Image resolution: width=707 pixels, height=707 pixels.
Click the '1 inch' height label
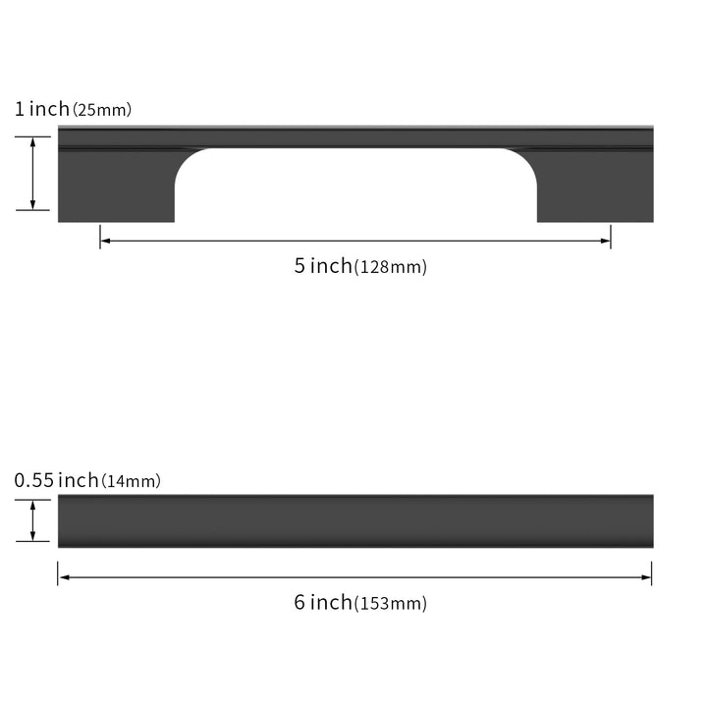(x=42, y=109)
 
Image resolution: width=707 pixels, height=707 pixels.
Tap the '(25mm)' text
(x=102, y=110)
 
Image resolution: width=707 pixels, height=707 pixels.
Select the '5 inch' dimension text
(x=323, y=265)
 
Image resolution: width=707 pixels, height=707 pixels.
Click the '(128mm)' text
(x=391, y=267)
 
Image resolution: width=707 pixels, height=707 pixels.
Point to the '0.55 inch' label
(x=56, y=480)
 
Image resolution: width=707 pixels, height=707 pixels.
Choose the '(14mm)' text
(x=132, y=481)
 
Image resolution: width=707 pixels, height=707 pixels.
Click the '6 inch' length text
(x=323, y=602)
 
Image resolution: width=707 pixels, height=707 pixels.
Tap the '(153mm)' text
(x=391, y=604)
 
